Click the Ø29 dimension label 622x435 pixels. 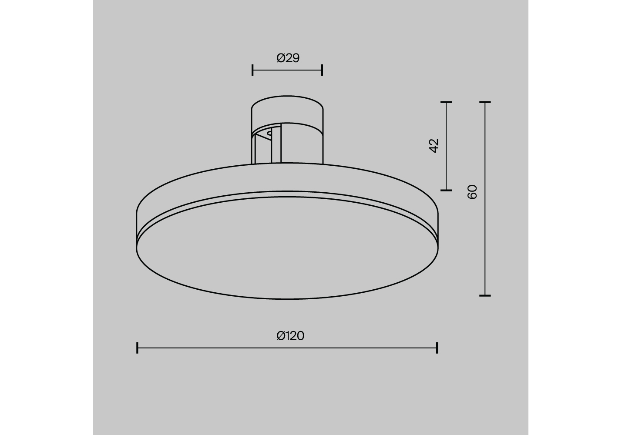(288, 58)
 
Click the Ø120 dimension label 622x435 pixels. (290, 336)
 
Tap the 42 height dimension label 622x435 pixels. (434, 146)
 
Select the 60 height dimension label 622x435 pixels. (472, 192)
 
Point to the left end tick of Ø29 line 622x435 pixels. (252, 70)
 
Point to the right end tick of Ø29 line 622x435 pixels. (322, 70)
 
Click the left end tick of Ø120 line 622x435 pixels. (137, 348)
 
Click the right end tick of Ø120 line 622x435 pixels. (437, 348)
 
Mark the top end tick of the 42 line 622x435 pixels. (446, 102)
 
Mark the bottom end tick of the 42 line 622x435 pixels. (446, 191)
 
